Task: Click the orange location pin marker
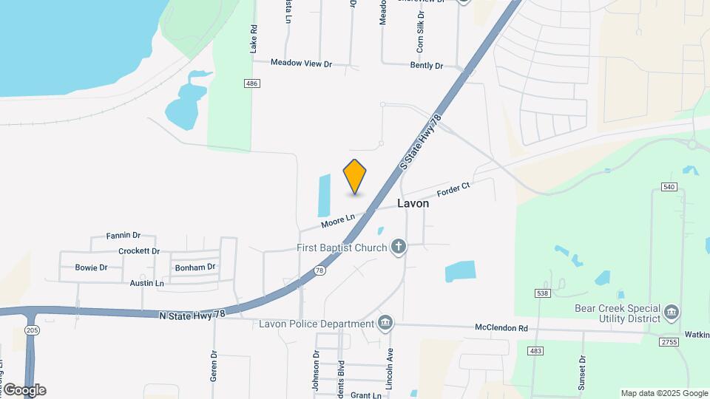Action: (x=355, y=177)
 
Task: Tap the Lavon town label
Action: (x=413, y=203)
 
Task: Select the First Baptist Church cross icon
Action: (x=399, y=247)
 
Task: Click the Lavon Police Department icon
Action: (x=385, y=323)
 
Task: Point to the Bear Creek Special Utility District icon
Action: (x=672, y=312)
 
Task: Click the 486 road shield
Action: (x=251, y=84)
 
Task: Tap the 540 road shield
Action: (x=669, y=187)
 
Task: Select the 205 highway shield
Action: (x=32, y=331)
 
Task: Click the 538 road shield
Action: (x=541, y=294)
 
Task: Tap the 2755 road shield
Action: (x=669, y=341)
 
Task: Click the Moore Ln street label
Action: (x=338, y=220)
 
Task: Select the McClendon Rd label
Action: (x=501, y=328)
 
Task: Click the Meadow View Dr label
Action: (x=301, y=64)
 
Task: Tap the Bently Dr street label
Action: (x=427, y=66)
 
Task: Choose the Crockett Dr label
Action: (x=139, y=251)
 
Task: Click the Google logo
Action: (x=24, y=390)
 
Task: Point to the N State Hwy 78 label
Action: (x=192, y=314)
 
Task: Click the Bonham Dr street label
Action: (x=195, y=267)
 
